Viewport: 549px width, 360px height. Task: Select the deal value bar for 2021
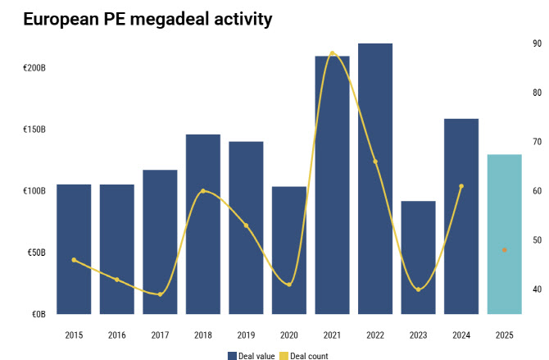333,185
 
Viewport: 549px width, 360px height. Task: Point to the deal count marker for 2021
332,53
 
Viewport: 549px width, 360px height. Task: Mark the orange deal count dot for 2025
505,250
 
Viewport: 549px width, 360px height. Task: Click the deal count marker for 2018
203,191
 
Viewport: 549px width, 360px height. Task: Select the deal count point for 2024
461,186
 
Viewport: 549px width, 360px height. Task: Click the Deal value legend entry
254,356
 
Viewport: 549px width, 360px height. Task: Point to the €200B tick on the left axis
34,68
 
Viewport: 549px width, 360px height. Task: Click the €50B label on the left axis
34,253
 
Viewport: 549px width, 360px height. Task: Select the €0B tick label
38,314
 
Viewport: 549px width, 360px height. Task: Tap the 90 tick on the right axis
538,43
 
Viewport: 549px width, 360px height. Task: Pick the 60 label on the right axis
538,191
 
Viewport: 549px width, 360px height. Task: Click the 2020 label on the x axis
289,335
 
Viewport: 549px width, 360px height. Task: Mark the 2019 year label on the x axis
246,335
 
